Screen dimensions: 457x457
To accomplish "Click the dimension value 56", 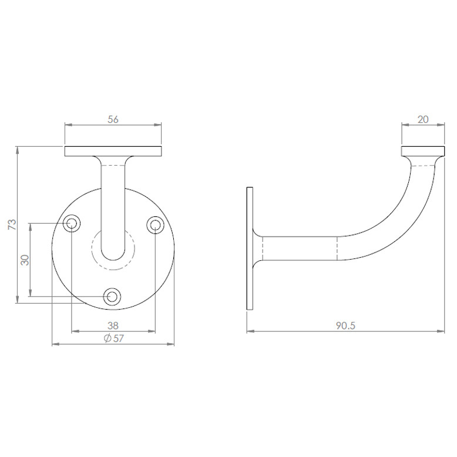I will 113,119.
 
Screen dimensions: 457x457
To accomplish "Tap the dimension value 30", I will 25,259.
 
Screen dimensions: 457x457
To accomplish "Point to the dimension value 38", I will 113,325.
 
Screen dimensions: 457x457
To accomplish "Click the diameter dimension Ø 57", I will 113,338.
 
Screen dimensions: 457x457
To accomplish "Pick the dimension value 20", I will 423,119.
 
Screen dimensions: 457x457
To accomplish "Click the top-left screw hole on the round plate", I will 72,223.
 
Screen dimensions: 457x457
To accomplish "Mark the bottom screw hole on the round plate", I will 112,297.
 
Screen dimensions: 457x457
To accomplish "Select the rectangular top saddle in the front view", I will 113,151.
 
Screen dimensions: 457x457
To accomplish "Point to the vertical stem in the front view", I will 113,206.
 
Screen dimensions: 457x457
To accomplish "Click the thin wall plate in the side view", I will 250,248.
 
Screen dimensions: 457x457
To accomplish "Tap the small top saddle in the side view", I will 423,151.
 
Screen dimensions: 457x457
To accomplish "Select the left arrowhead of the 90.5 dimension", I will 250,331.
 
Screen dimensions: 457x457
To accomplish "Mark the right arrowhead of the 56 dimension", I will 159,125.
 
